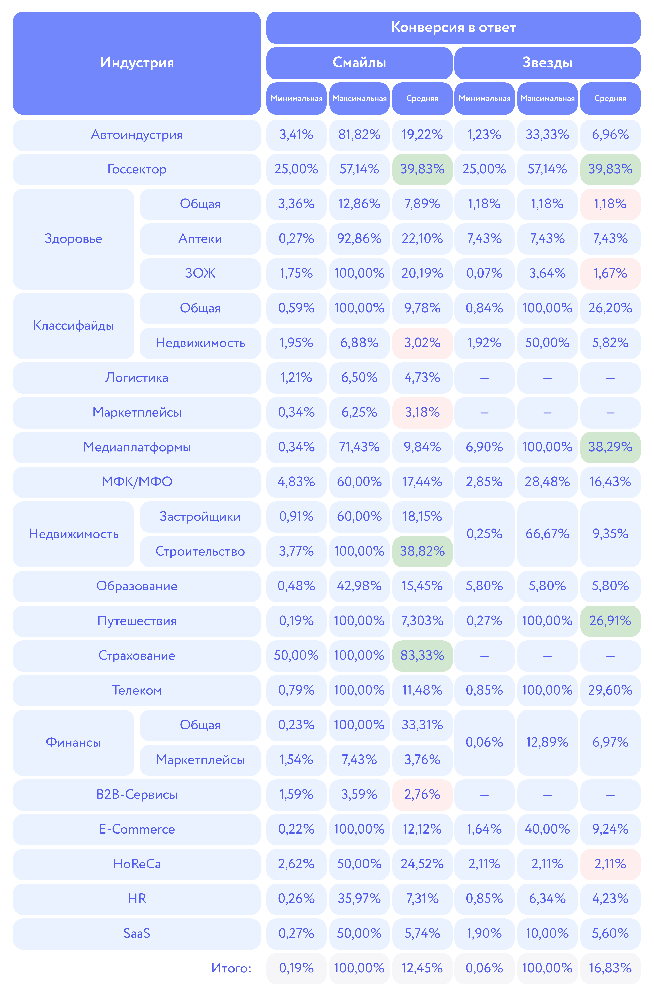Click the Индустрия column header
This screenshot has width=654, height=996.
(137, 63)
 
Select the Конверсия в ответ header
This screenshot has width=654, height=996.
(453, 28)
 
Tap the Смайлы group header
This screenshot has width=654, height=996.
(359, 63)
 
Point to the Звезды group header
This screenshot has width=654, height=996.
(547, 63)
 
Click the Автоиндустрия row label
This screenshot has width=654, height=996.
(137, 135)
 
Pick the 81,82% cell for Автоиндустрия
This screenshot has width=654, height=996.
(359, 135)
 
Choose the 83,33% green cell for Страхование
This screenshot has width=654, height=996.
(422, 655)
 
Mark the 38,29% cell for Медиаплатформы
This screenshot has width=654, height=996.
(610, 447)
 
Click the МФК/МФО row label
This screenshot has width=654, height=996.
(137, 482)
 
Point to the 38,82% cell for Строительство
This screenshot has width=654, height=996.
(422, 551)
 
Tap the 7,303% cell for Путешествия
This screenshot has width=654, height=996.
(422, 621)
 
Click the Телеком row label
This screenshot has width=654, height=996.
(137, 690)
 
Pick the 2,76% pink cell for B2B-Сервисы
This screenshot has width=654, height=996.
(422, 794)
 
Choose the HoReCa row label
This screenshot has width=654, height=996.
(137, 864)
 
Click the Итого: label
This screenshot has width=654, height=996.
(231, 968)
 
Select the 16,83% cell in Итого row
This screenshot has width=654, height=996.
(610, 968)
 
